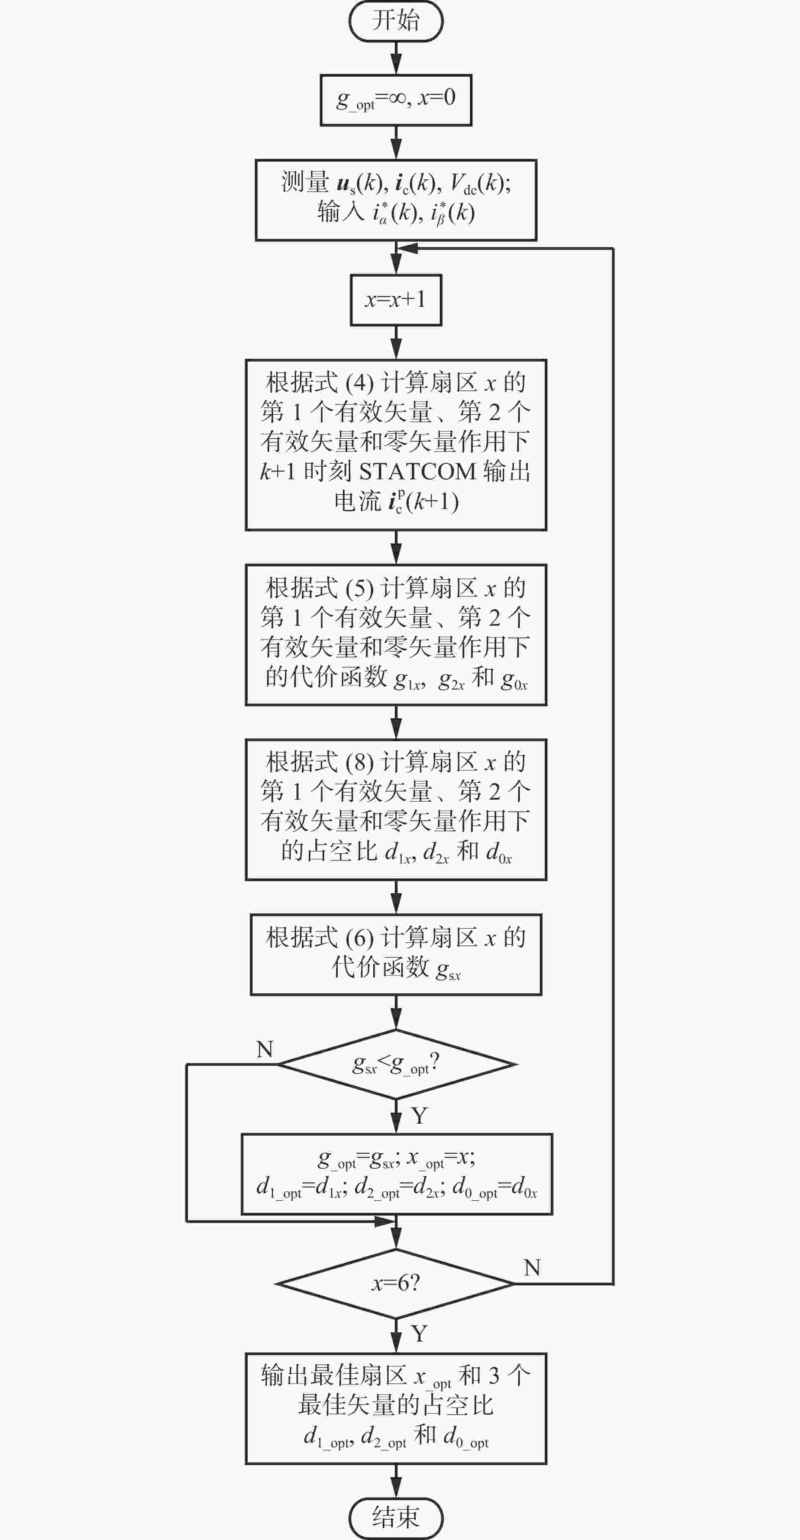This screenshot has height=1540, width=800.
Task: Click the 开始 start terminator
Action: (x=396, y=21)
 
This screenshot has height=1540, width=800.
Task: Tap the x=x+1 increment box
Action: (x=396, y=300)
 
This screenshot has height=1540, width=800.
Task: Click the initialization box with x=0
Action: (x=396, y=100)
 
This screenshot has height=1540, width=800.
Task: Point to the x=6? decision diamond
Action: (x=396, y=1284)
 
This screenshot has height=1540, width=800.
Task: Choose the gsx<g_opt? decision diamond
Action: (x=396, y=1064)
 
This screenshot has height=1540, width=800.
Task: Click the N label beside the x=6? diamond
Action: (x=532, y=1268)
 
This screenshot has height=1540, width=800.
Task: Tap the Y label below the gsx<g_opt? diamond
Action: (x=419, y=1116)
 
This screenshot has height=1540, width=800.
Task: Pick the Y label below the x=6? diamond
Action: (x=419, y=1333)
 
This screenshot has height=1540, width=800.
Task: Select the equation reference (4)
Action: (x=359, y=382)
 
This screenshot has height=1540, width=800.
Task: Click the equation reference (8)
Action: (x=359, y=762)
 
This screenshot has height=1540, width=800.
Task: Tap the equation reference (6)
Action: (x=359, y=938)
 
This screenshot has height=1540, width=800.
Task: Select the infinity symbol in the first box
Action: (x=397, y=97)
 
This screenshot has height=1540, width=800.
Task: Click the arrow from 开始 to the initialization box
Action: (x=396, y=58)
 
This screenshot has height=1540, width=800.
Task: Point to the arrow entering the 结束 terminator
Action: (x=396, y=1481)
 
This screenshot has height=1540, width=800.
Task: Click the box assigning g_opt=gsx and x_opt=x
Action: (x=397, y=1174)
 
